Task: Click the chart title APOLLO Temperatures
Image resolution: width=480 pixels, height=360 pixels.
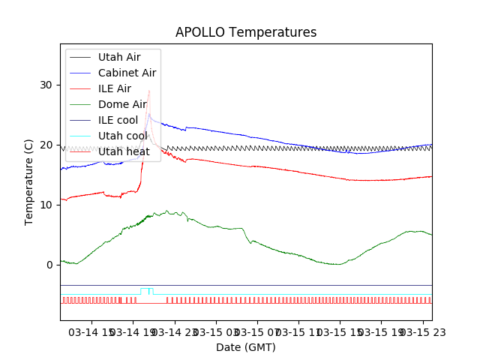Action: click(246, 32)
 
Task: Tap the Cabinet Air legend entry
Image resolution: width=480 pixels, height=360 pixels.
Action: click(127, 73)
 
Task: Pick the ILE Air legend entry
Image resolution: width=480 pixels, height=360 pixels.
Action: click(114, 88)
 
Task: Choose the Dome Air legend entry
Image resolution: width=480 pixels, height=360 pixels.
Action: click(122, 104)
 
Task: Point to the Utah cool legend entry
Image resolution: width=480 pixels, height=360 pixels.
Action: click(122, 136)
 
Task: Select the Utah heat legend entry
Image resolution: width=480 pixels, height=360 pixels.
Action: click(124, 151)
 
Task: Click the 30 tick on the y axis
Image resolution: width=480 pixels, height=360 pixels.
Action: click(46, 85)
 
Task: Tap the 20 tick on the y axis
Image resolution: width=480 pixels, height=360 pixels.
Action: click(46, 145)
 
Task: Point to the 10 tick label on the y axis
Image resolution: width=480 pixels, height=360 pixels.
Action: click(46, 205)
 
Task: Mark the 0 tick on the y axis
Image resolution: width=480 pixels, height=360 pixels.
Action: click(49, 265)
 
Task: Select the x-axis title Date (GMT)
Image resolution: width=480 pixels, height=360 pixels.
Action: click(246, 347)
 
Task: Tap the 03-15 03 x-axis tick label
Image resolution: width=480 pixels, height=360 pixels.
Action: click(218, 331)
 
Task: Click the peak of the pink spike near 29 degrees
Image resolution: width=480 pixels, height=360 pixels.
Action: click(149, 91)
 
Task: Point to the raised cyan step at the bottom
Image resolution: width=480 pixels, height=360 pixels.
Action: click(146, 289)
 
